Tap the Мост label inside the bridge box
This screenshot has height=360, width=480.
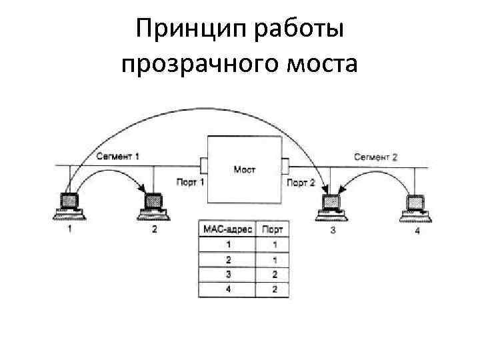244,169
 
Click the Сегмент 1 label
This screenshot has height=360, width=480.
117,157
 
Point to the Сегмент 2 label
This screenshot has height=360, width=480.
375,157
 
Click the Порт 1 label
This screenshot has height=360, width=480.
190,181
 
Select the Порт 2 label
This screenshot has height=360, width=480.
300,181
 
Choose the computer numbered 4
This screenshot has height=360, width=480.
417,205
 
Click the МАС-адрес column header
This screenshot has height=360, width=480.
227,229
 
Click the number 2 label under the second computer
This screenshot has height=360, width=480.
154,231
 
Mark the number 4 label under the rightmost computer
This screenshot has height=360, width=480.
417,231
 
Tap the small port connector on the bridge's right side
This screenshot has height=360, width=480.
285,165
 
